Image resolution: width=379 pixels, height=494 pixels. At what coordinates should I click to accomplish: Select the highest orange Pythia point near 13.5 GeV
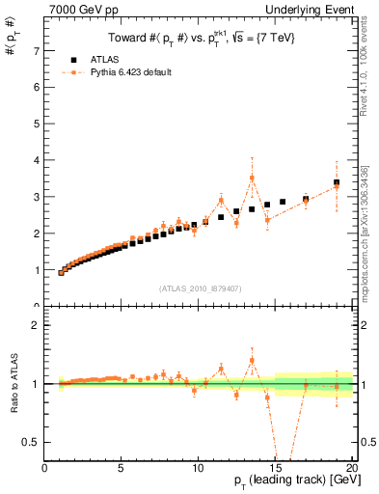click(252, 178)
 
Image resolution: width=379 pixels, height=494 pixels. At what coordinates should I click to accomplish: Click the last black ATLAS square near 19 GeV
click(337, 182)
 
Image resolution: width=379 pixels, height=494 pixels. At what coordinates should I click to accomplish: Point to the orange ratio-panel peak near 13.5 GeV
click(252, 361)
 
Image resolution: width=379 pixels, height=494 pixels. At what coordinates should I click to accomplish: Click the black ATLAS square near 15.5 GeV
click(283, 202)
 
